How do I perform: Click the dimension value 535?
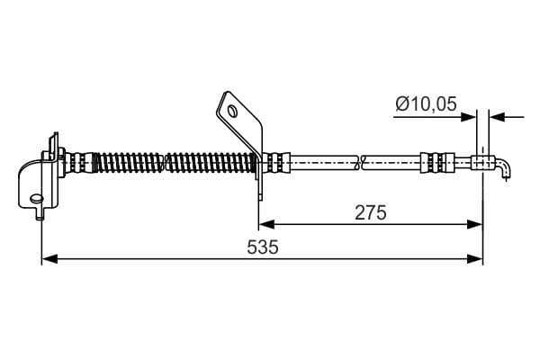[263, 247]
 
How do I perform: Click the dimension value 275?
[371, 212]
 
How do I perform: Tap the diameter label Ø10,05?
[426, 103]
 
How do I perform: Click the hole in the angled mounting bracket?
[233, 111]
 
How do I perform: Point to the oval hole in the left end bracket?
[37, 198]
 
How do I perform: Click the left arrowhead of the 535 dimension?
[49, 258]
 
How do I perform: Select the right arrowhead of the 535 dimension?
[475, 258]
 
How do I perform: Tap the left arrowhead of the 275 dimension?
[266, 225]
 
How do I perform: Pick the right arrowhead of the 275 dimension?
[474, 225]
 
